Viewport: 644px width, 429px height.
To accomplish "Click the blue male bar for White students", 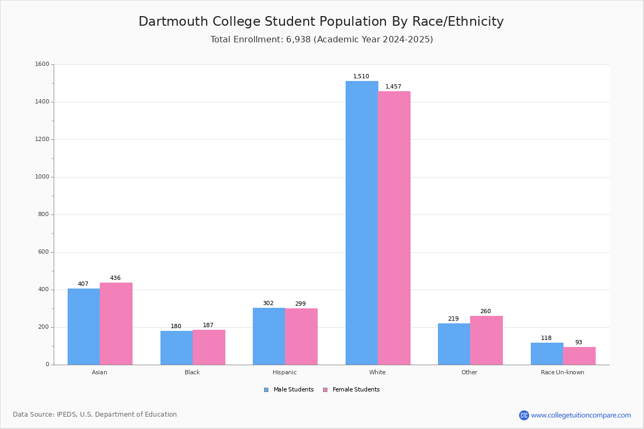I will pos(362,223).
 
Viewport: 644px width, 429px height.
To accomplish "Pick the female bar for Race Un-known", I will pos(579,356).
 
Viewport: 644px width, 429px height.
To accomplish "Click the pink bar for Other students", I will pos(486,340).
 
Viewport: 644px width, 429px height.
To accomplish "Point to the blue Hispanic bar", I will pos(269,336).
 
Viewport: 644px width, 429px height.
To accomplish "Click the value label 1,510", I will pos(361,77).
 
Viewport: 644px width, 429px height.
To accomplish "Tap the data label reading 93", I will pos(579,343).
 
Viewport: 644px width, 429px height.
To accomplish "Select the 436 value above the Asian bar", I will pos(115,278).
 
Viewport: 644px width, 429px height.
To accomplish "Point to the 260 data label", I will pos(486,312).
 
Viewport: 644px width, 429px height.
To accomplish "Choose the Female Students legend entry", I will pos(352,390).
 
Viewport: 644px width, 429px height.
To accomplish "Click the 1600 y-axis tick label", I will pos(42,64).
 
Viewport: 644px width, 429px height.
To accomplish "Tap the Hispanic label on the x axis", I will pos(284,372).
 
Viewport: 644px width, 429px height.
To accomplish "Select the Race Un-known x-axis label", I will pos(562,372).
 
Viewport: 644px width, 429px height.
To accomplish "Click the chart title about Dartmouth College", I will pos(321,21).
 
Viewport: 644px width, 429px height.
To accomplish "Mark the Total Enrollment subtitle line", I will pos(321,40).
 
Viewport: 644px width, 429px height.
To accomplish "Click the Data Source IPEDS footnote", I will pos(95,415).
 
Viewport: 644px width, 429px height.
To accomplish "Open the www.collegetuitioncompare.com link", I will pos(581,415).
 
